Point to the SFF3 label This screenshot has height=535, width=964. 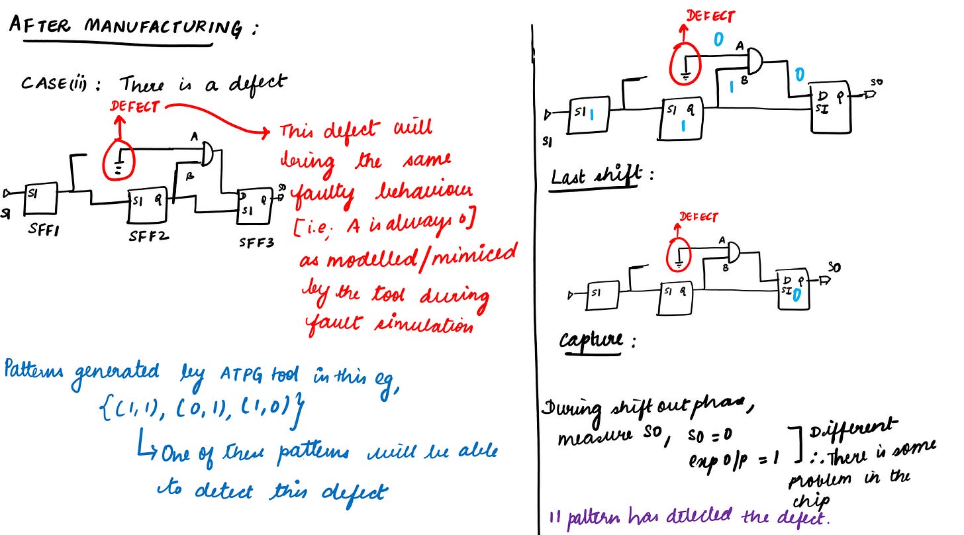[256, 242]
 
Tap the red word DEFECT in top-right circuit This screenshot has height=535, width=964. [710, 17]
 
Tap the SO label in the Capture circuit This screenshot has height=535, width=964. [834, 267]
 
